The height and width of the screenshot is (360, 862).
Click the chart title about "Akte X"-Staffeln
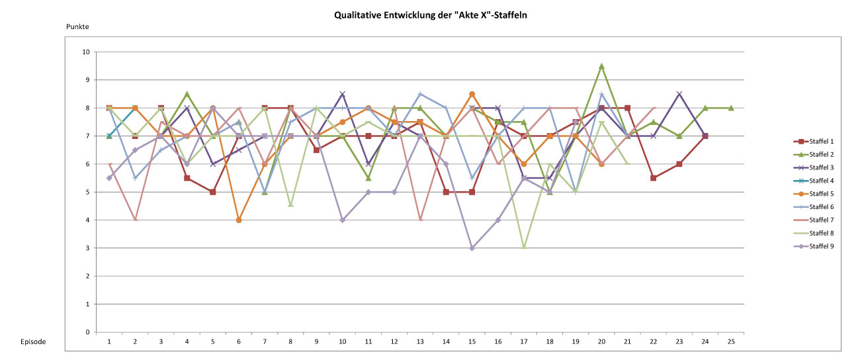430,13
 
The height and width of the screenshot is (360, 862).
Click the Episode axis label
33,342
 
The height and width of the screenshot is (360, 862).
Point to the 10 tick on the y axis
86,52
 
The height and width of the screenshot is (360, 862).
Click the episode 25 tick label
731,341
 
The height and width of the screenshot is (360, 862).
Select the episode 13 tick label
420,341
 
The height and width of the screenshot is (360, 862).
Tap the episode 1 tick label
109,341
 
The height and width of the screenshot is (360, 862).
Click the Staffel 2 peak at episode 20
601,66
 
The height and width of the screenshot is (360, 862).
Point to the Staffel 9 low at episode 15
472,248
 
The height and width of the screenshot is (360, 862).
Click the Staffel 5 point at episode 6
239,220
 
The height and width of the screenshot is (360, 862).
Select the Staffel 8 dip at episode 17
523,248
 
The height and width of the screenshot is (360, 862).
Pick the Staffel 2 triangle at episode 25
731,108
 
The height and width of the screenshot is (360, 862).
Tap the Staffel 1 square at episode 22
654,178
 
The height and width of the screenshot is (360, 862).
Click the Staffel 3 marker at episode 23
679,94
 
